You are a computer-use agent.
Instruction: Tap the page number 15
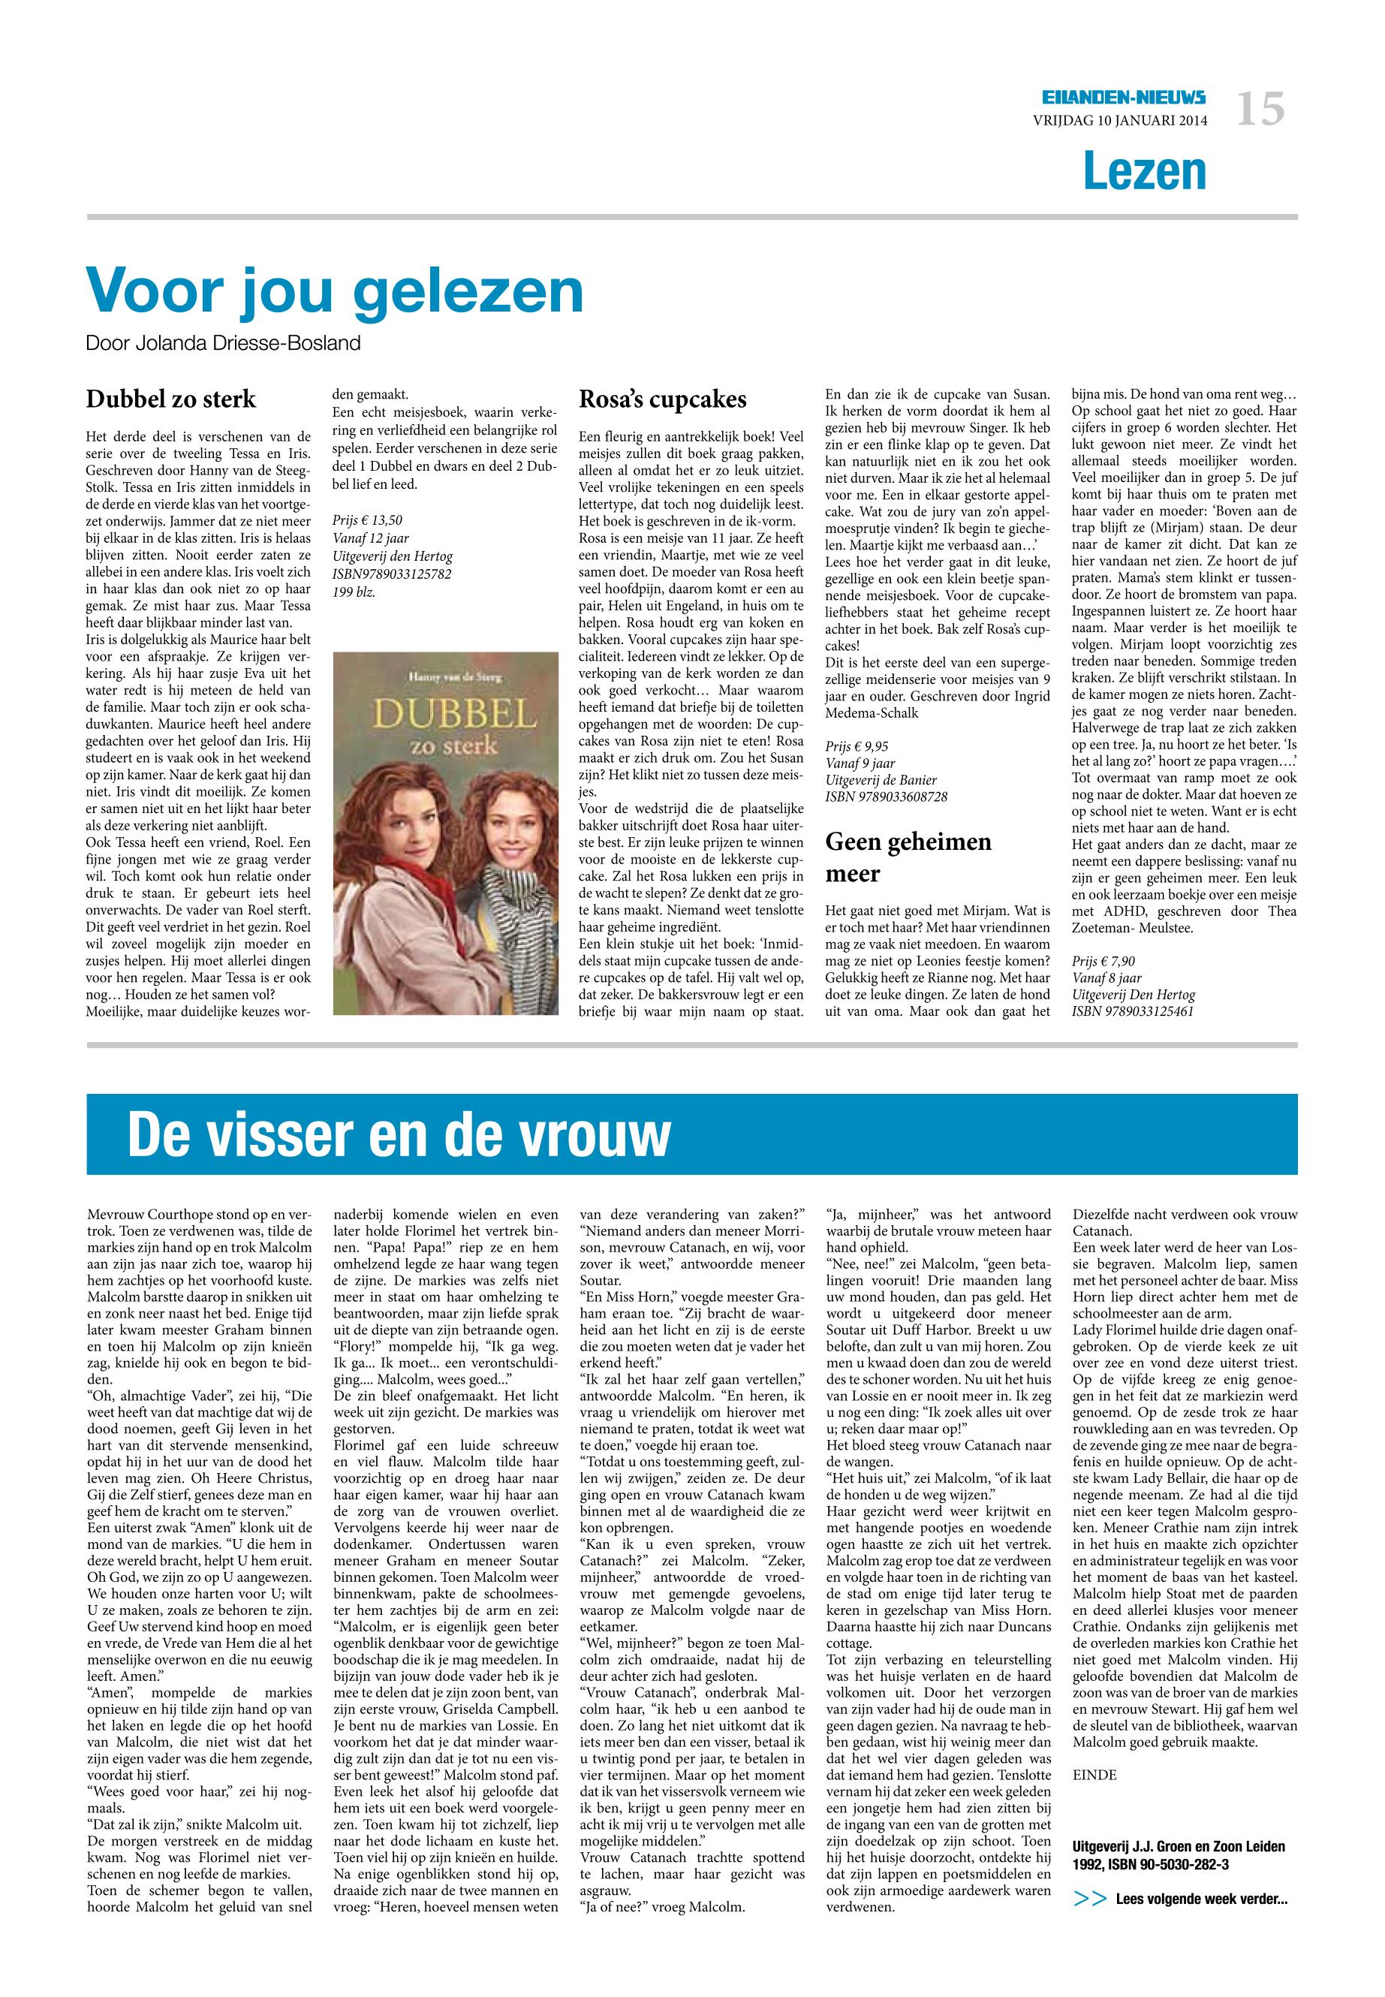tap(1260, 111)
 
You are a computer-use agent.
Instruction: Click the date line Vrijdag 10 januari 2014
tap(1119, 122)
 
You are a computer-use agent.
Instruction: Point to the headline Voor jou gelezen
tap(335, 291)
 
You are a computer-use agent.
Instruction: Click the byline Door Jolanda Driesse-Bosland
tap(223, 344)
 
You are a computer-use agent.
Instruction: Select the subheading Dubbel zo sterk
tap(171, 399)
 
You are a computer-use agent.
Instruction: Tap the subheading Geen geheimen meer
tap(908, 857)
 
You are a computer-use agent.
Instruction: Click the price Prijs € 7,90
tap(1103, 961)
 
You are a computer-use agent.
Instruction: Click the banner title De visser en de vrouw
tap(399, 1134)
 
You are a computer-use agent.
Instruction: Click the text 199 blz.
tap(355, 594)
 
